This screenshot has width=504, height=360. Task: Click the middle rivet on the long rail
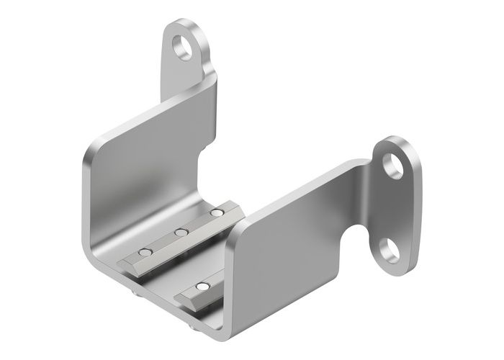coord(180,233)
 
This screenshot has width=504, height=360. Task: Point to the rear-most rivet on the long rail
coord(214,214)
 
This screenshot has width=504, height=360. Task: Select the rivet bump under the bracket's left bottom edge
coord(135,293)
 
